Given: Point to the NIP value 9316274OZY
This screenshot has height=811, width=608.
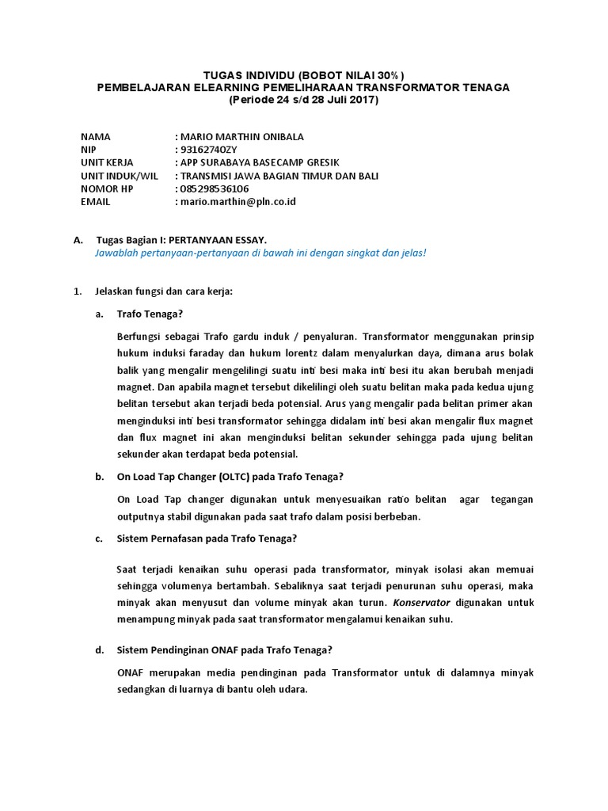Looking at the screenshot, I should (x=209, y=150).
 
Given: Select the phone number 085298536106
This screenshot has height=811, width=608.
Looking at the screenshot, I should (x=215, y=188).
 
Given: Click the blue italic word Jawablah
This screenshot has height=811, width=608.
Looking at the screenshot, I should (x=116, y=253).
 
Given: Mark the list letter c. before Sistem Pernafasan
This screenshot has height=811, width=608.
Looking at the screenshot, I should (x=100, y=539).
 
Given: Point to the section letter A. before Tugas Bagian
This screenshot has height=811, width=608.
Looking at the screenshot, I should (x=78, y=239).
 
